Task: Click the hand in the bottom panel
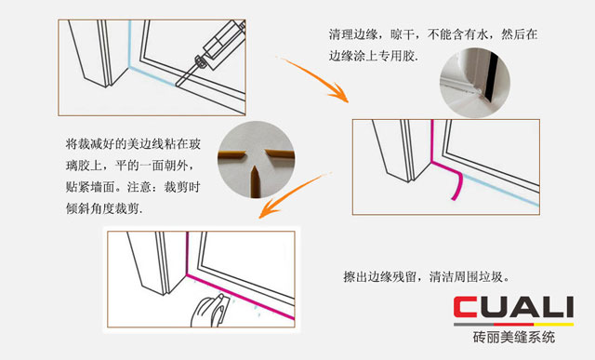[x=206, y=311]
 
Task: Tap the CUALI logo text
[x=512, y=308]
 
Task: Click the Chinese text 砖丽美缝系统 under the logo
[x=512, y=336]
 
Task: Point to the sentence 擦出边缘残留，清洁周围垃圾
[x=440, y=277]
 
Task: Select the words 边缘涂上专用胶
[x=372, y=56]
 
